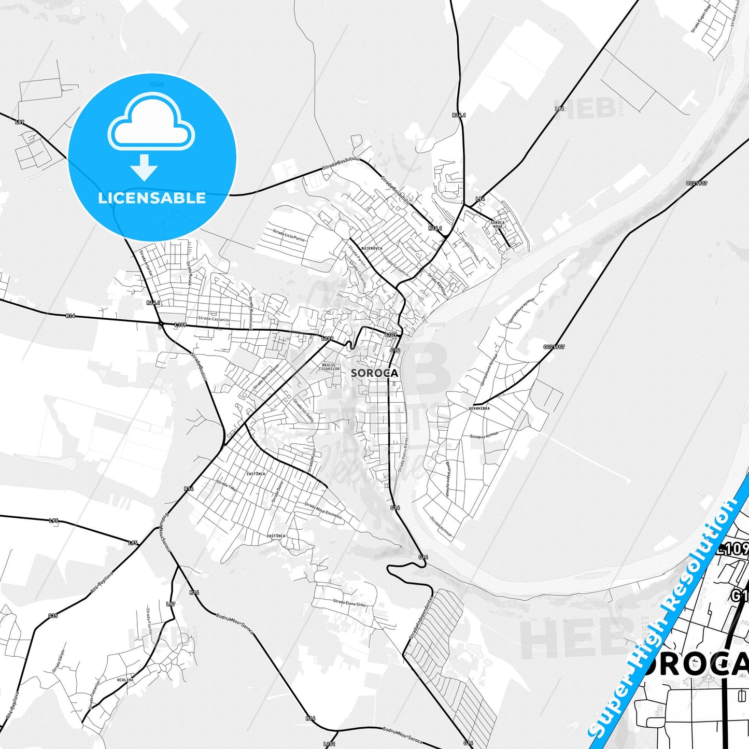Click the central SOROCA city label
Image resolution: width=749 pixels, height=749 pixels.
374,373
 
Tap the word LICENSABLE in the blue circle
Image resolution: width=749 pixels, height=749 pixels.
152,198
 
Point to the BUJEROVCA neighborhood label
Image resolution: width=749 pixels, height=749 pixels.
372,248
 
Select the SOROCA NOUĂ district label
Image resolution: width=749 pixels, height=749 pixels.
497,224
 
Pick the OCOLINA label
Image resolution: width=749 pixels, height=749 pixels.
125,680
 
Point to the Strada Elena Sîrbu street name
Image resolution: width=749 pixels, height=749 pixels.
349,603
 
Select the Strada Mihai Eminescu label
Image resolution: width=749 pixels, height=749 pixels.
323,511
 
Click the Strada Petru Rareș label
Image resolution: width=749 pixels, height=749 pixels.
403,454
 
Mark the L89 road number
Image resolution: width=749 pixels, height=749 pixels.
19,122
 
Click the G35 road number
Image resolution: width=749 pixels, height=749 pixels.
53,616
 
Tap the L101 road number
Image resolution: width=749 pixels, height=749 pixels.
329,744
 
